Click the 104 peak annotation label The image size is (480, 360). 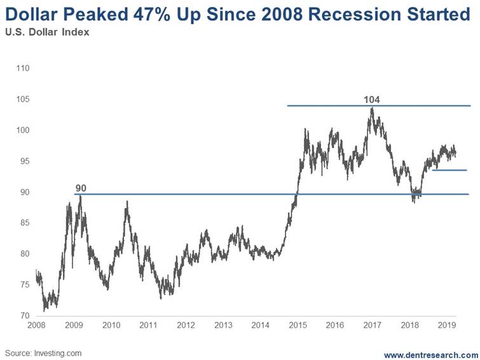click(x=371, y=99)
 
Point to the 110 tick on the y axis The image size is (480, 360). click(x=23, y=68)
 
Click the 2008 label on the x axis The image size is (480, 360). click(x=37, y=325)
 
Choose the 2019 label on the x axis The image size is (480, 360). click(x=446, y=325)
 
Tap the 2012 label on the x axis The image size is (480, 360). click(x=186, y=325)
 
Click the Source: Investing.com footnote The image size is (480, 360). click(x=43, y=352)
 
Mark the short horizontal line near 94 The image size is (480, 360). click(x=449, y=170)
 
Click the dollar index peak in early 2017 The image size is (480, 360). click(x=373, y=108)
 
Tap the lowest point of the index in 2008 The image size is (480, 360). click(x=45, y=311)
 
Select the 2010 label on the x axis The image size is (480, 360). click(x=111, y=325)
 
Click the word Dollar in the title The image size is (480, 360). click(x=32, y=15)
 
